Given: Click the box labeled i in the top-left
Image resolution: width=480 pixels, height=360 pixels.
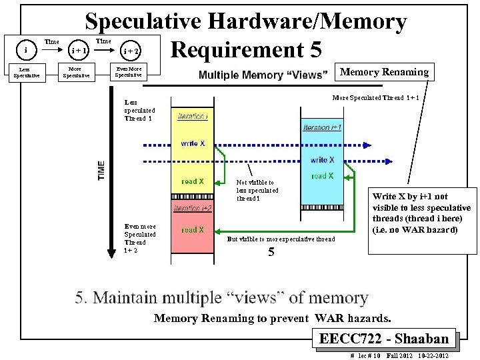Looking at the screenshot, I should click(x=25, y=50).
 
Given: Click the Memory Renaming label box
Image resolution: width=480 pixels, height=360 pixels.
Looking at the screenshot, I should click(x=385, y=71).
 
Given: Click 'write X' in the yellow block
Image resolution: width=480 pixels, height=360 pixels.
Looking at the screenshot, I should click(x=193, y=143).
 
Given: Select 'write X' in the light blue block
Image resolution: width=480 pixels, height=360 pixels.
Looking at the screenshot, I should click(x=322, y=160).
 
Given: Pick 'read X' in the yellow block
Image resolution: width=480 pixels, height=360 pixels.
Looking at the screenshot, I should click(x=193, y=181).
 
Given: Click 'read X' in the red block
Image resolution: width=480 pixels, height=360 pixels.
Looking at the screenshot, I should click(x=193, y=230).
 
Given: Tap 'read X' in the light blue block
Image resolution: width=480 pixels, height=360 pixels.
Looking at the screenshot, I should click(x=323, y=176).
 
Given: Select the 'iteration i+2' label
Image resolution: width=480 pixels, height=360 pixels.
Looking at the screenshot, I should click(x=193, y=209).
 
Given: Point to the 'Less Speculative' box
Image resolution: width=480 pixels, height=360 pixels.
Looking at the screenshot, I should click(x=25, y=73).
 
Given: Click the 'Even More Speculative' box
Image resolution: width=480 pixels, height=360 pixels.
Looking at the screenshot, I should click(x=128, y=71).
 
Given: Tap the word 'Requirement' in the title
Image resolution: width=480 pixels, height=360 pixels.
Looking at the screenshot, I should click(x=246, y=49).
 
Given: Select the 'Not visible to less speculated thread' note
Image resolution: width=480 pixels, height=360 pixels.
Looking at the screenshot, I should click(x=257, y=190).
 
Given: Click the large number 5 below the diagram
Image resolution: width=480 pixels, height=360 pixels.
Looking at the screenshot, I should click(x=271, y=252).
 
